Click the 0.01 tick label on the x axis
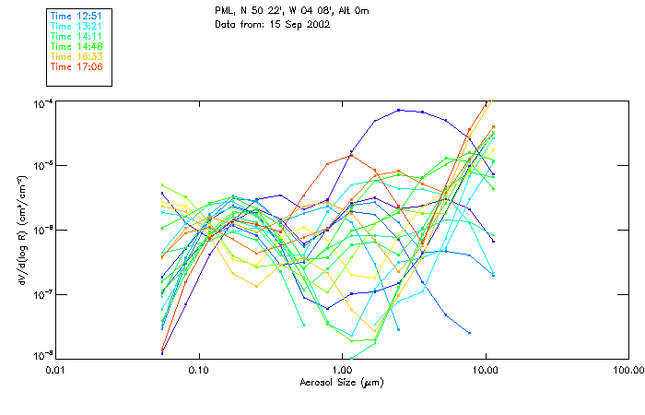(x=56, y=370)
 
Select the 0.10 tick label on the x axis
(x=199, y=370)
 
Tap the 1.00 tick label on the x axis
(x=342, y=370)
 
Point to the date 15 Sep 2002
(x=297, y=24)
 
